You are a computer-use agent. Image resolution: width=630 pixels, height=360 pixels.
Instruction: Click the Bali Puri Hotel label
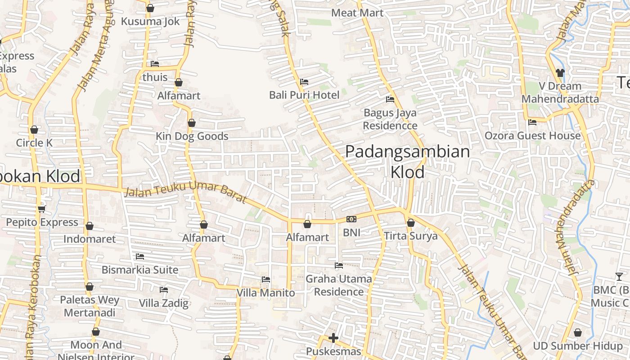[x=304, y=95]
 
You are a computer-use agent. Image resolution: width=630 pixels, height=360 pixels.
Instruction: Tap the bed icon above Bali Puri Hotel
[x=304, y=82]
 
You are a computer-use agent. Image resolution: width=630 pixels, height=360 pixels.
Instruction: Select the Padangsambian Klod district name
[x=407, y=162]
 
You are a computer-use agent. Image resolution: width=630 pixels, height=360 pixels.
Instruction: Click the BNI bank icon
[x=351, y=220]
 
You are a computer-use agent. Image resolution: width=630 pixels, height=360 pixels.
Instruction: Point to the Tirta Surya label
[x=410, y=236]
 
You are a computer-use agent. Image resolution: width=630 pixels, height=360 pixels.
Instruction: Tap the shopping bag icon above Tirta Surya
[x=411, y=223]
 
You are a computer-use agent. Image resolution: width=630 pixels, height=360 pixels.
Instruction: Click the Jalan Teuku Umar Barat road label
[x=185, y=194]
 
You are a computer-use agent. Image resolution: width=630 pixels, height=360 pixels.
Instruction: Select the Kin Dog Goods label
[x=192, y=136]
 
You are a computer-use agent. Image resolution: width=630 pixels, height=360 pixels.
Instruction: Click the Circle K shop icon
[x=34, y=130]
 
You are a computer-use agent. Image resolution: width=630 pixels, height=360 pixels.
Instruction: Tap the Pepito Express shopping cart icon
[x=42, y=209]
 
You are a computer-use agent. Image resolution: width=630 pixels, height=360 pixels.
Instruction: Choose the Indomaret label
[x=90, y=239]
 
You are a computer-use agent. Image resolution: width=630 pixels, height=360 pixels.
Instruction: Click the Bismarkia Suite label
[x=140, y=270]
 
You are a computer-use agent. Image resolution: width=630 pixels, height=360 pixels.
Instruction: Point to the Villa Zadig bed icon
[x=164, y=290]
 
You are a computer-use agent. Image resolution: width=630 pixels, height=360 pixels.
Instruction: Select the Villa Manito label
[x=266, y=293]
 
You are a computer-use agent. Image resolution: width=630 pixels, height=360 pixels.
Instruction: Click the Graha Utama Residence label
[x=339, y=285]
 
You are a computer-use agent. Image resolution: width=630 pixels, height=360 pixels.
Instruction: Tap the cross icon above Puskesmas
[x=333, y=337]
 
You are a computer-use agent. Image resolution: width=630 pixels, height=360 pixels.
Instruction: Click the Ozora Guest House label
[x=532, y=135]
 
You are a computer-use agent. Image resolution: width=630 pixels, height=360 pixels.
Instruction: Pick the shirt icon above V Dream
[x=560, y=72]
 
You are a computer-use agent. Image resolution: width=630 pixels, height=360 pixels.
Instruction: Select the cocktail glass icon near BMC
[x=619, y=277]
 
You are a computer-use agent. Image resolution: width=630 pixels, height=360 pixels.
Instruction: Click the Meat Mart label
[x=357, y=13]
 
